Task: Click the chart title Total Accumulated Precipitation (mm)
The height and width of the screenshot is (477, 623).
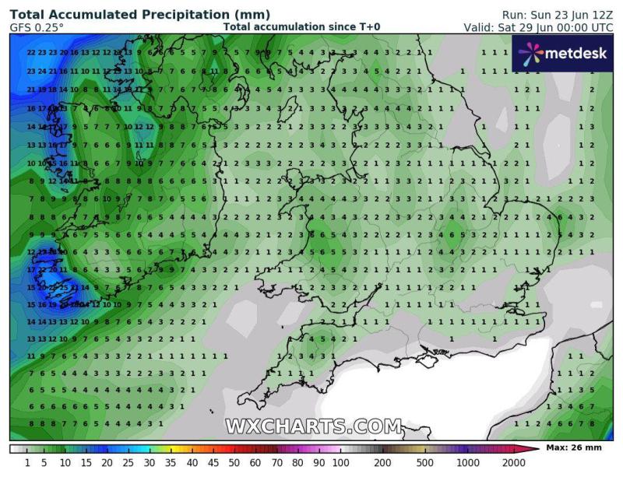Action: tap(140, 14)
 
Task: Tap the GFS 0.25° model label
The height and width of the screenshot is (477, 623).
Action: tap(37, 27)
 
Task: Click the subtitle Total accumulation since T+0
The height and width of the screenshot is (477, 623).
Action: tap(301, 27)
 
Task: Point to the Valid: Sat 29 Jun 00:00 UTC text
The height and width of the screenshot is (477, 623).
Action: tap(538, 27)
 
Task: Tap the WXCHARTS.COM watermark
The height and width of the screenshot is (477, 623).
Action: tap(314, 426)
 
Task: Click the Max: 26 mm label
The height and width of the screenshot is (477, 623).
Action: tap(574, 448)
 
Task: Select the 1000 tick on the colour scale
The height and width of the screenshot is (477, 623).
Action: tap(467, 463)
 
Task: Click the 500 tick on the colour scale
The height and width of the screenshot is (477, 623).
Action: tap(425, 463)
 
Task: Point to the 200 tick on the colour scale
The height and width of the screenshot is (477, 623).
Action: tap(382, 463)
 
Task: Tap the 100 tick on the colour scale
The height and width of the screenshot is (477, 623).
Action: tap(340, 463)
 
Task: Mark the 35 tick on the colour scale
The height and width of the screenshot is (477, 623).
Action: tap(171, 463)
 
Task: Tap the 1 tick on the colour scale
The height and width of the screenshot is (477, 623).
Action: tap(27, 463)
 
